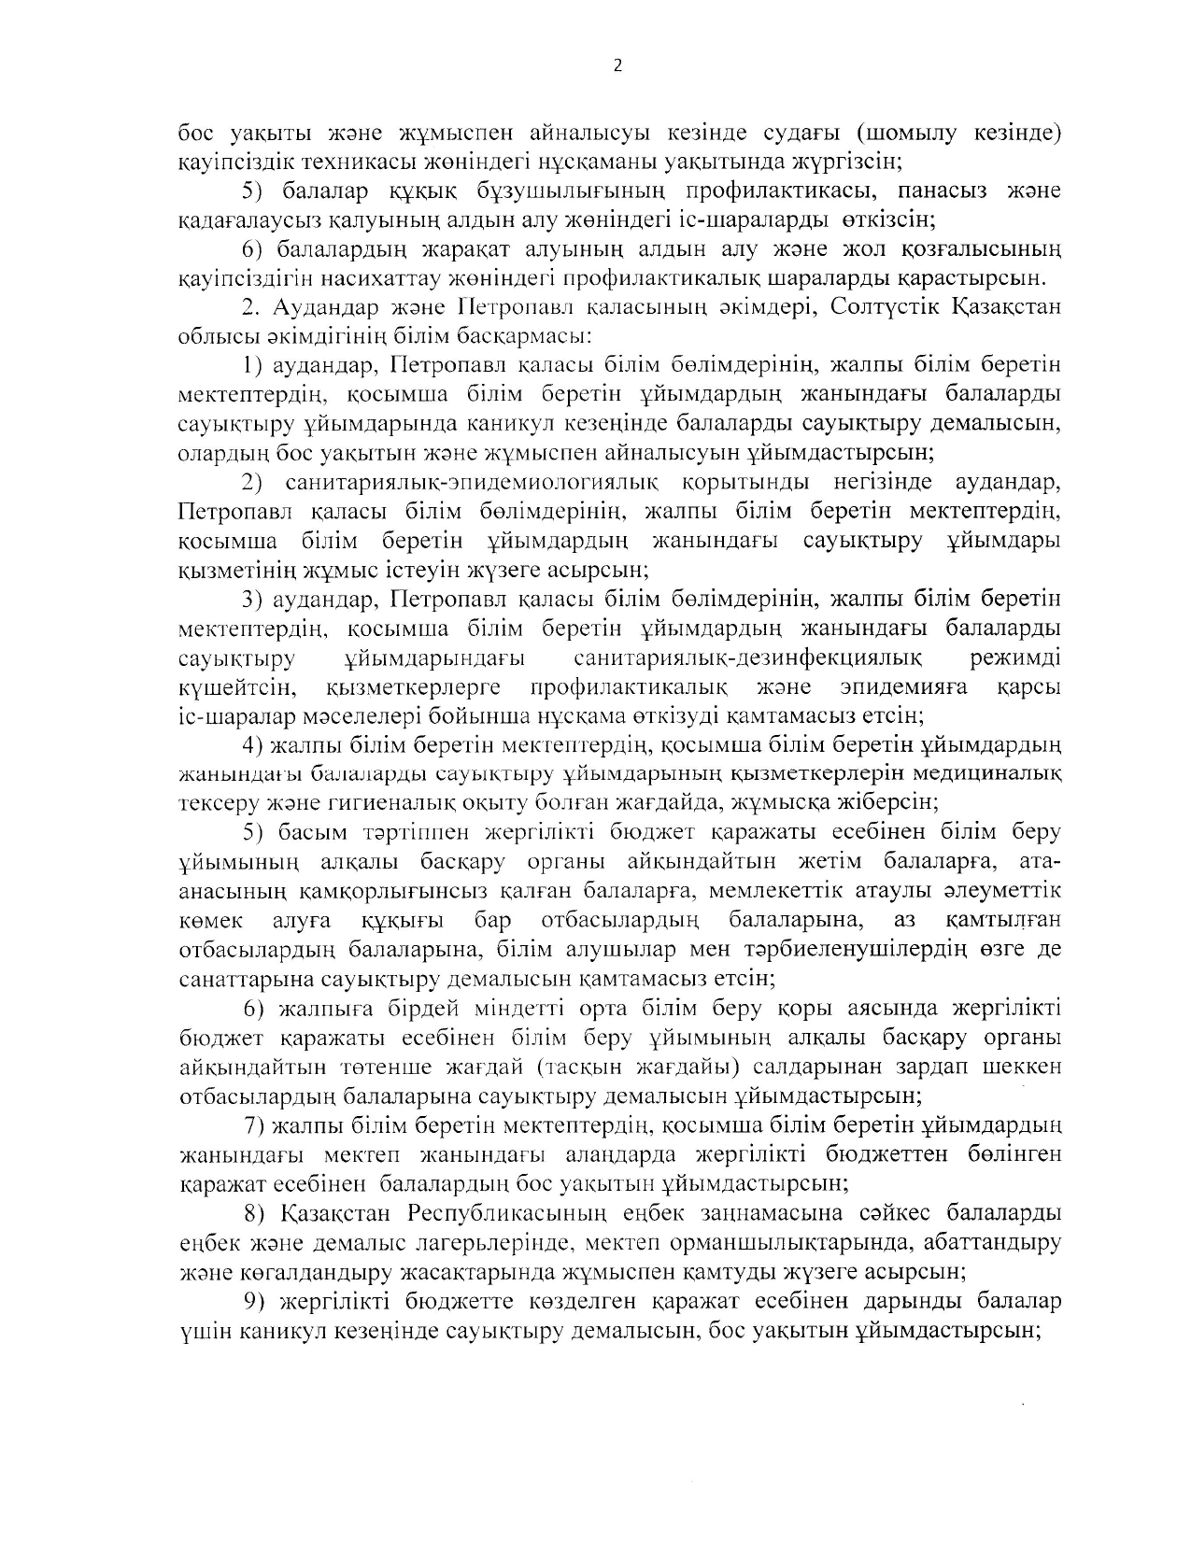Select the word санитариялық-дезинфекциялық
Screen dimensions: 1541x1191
pyautogui.click(x=748, y=658)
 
